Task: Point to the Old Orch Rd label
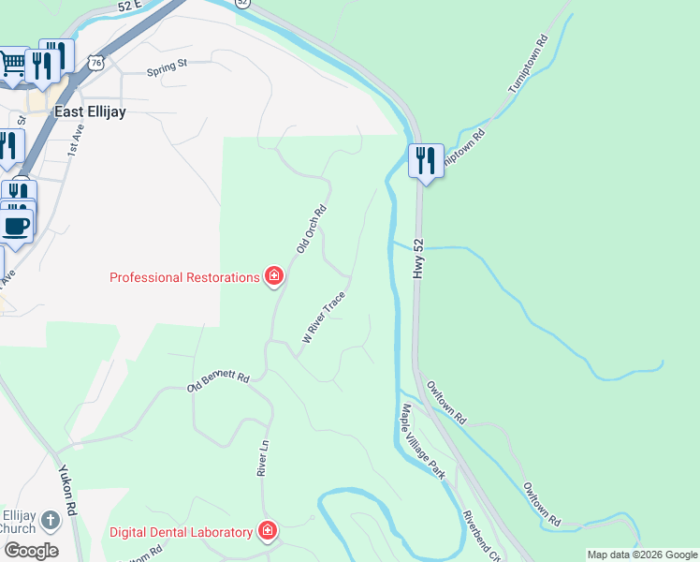click(x=311, y=229)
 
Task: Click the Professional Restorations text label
click(x=183, y=277)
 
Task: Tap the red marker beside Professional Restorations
click(x=274, y=276)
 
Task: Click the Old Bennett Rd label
click(x=219, y=381)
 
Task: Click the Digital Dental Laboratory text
click(x=181, y=532)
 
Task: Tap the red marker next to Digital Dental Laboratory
click(x=268, y=532)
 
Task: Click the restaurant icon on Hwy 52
click(x=424, y=161)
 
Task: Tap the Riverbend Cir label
click(x=479, y=534)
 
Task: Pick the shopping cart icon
click(x=12, y=65)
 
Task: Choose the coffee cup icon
click(x=16, y=225)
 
